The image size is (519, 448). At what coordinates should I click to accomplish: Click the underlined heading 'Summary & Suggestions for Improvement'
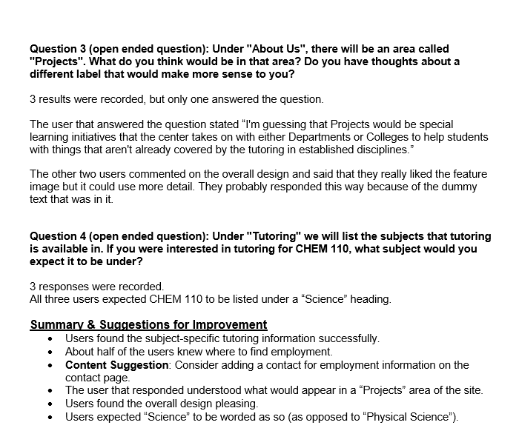[x=148, y=324]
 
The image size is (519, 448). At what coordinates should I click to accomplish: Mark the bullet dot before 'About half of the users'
[x=49, y=352]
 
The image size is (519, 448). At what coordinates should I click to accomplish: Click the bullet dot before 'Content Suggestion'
[x=49, y=365]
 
